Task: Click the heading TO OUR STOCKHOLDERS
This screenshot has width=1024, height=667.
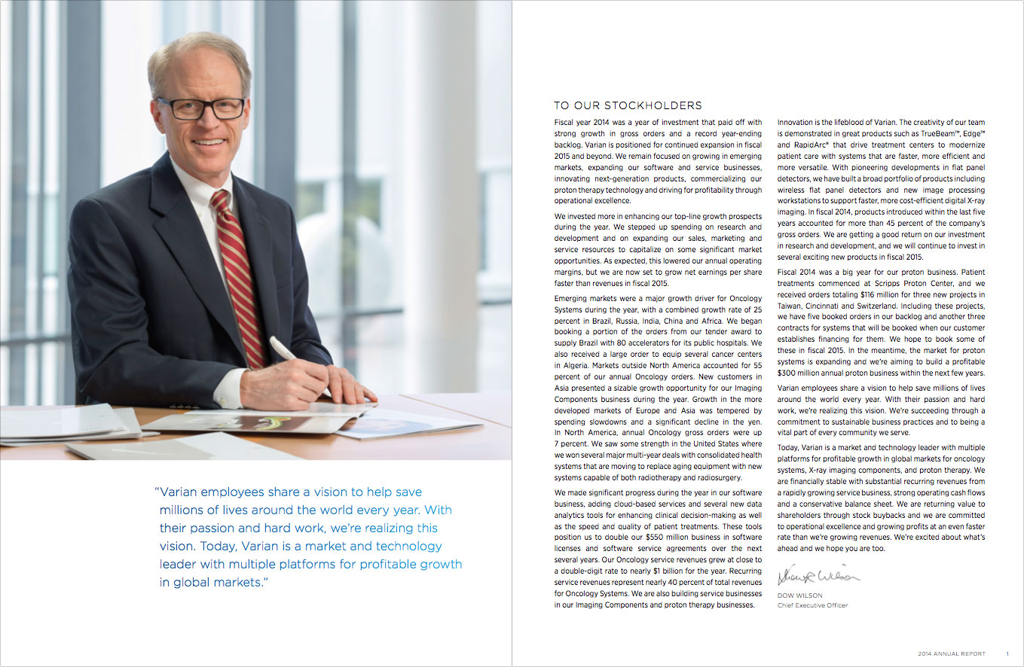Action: click(628, 106)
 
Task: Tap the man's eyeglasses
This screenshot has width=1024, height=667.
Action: click(200, 108)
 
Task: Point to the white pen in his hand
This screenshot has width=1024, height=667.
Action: click(284, 348)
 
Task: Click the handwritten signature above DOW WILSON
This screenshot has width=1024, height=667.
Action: click(818, 577)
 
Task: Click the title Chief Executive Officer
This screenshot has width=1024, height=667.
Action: click(812, 605)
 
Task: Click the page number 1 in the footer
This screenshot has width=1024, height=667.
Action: click(1007, 653)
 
